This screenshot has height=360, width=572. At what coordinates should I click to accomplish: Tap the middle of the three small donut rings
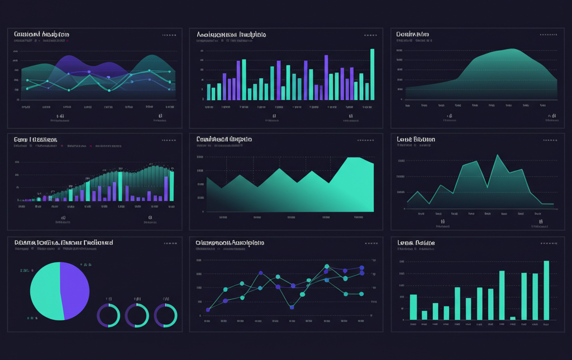point(137,315)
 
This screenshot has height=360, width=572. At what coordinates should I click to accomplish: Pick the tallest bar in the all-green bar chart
point(546,290)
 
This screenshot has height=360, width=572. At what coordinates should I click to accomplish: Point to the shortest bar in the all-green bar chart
point(513,318)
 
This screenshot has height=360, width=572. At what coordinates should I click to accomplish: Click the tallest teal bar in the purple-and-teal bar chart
point(372,74)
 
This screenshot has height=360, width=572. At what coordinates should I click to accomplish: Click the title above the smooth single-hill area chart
point(413,35)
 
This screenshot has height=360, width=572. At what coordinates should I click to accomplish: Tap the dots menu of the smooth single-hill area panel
point(548,35)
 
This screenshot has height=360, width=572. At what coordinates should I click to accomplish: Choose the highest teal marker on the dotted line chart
point(327,266)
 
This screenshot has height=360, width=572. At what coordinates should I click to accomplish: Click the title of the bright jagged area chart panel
point(224,139)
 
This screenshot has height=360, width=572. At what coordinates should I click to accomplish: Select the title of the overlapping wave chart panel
point(42,35)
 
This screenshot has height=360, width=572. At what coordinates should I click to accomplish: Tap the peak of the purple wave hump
point(70,56)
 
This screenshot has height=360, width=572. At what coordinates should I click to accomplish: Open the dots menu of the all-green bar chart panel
point(548,243)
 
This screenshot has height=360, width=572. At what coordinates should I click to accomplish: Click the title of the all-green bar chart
point(416,243)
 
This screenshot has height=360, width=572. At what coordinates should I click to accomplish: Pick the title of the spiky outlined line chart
point(416,139)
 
